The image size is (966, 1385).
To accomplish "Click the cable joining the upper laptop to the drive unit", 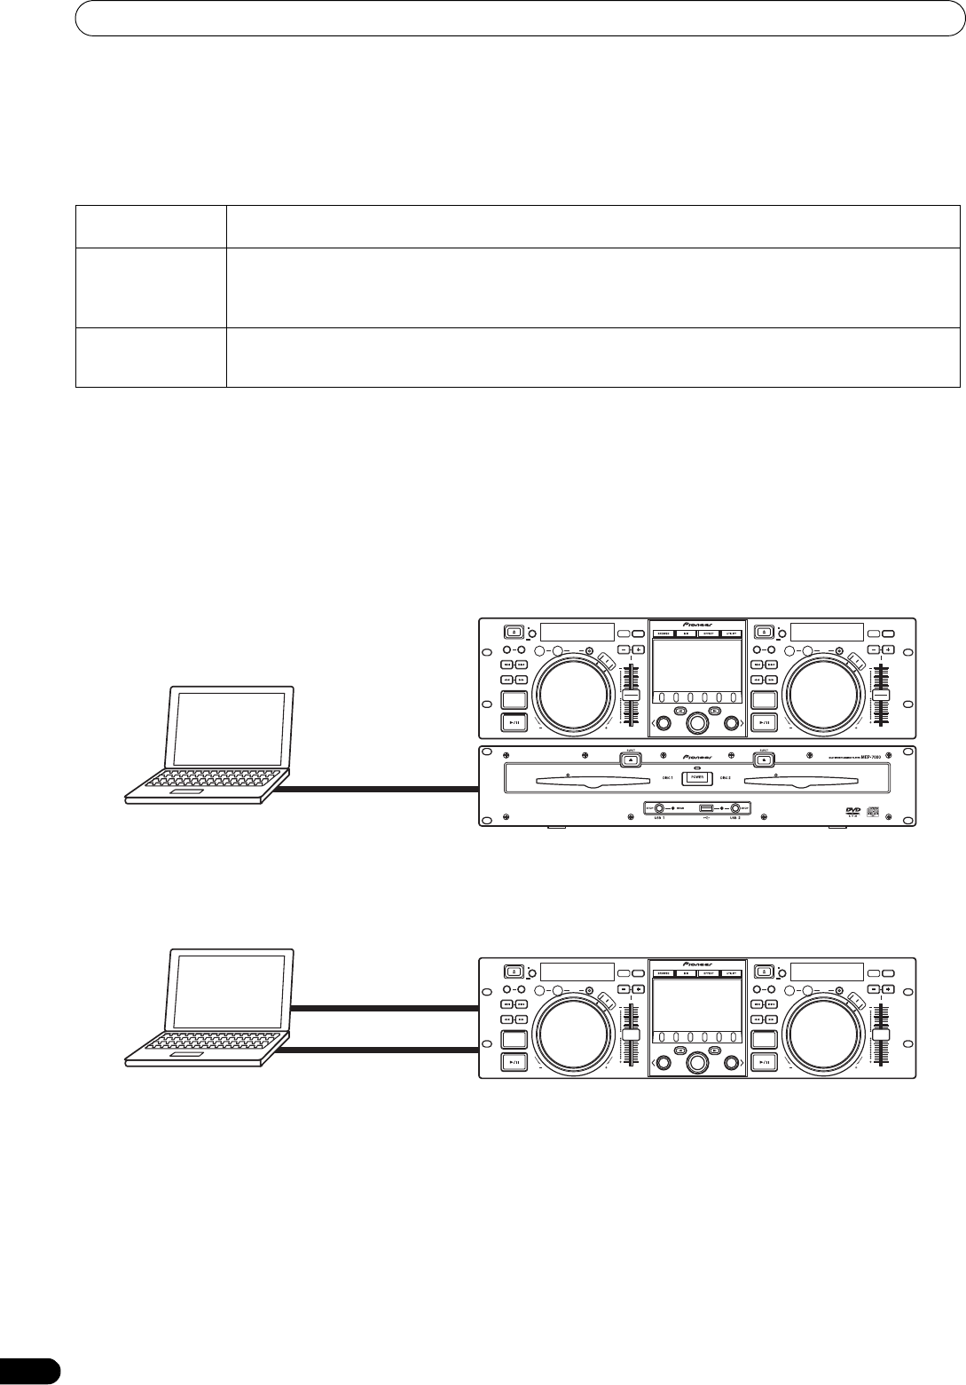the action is (381, 787).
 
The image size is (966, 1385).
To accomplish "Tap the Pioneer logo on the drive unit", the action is (697, 759).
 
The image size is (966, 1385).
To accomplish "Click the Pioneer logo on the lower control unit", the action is (697, 963).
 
